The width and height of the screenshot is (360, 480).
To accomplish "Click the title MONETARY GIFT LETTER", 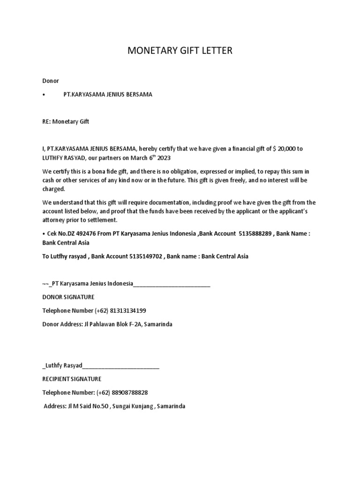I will [x=180, y=51].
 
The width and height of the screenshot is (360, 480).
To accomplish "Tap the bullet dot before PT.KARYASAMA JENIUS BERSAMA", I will [x=44, y=95].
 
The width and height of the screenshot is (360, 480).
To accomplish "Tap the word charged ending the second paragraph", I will [x=53, y=189].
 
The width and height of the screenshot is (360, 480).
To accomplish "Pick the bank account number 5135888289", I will [x=255, y=234].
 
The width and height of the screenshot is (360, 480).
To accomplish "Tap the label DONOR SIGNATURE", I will [x=68, y=297].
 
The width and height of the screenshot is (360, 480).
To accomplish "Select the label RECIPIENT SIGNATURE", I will [x=72, y=379].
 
